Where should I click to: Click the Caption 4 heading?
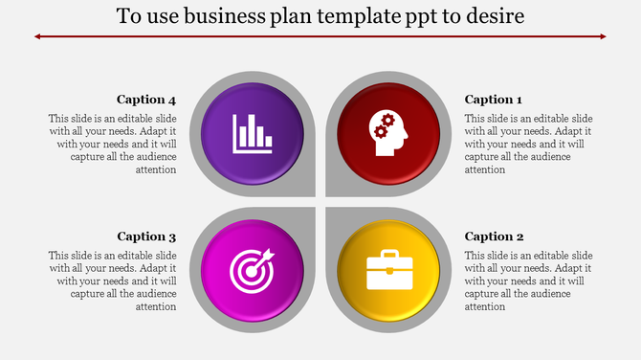(x=146, y=100)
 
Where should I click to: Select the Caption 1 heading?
(x=493, y=100)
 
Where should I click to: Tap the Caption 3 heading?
(x=146, y=236)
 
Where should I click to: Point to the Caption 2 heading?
(x=493, y=236)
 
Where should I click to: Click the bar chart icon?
(x=253, y=133)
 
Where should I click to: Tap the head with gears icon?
(x=387, y=133)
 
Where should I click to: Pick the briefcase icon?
(x=388, y=271)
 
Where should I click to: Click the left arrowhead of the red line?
(x=38, y=36)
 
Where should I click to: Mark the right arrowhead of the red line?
(x=603, y=36)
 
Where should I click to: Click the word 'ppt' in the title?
(x=418, y=18)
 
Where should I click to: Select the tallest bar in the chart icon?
(x=251, y=131)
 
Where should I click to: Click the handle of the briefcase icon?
(x=388, y=255)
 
